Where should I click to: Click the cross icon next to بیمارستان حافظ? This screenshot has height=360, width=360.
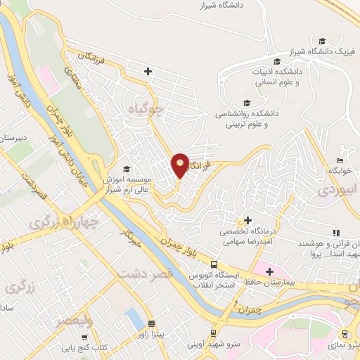[268, 271]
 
